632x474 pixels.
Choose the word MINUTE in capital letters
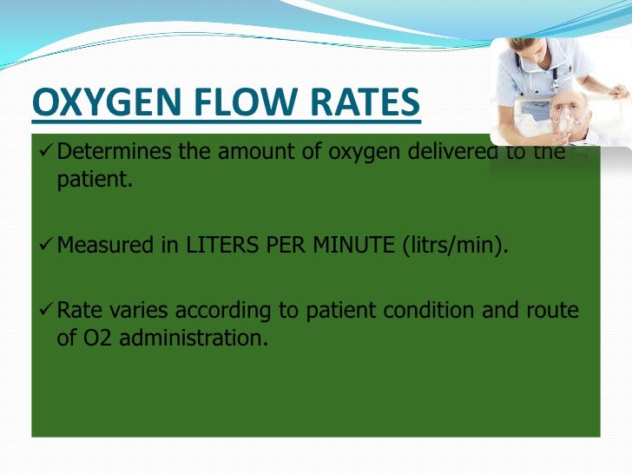[x=347, y=246]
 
